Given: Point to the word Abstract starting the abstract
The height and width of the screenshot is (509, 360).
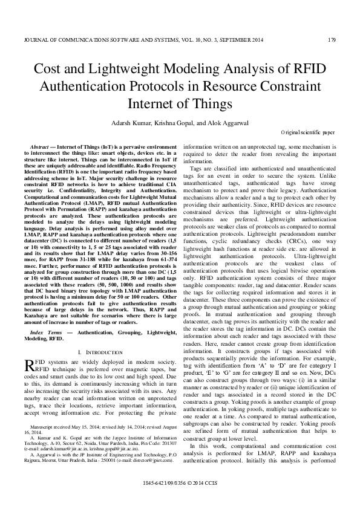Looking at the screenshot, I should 39,148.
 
